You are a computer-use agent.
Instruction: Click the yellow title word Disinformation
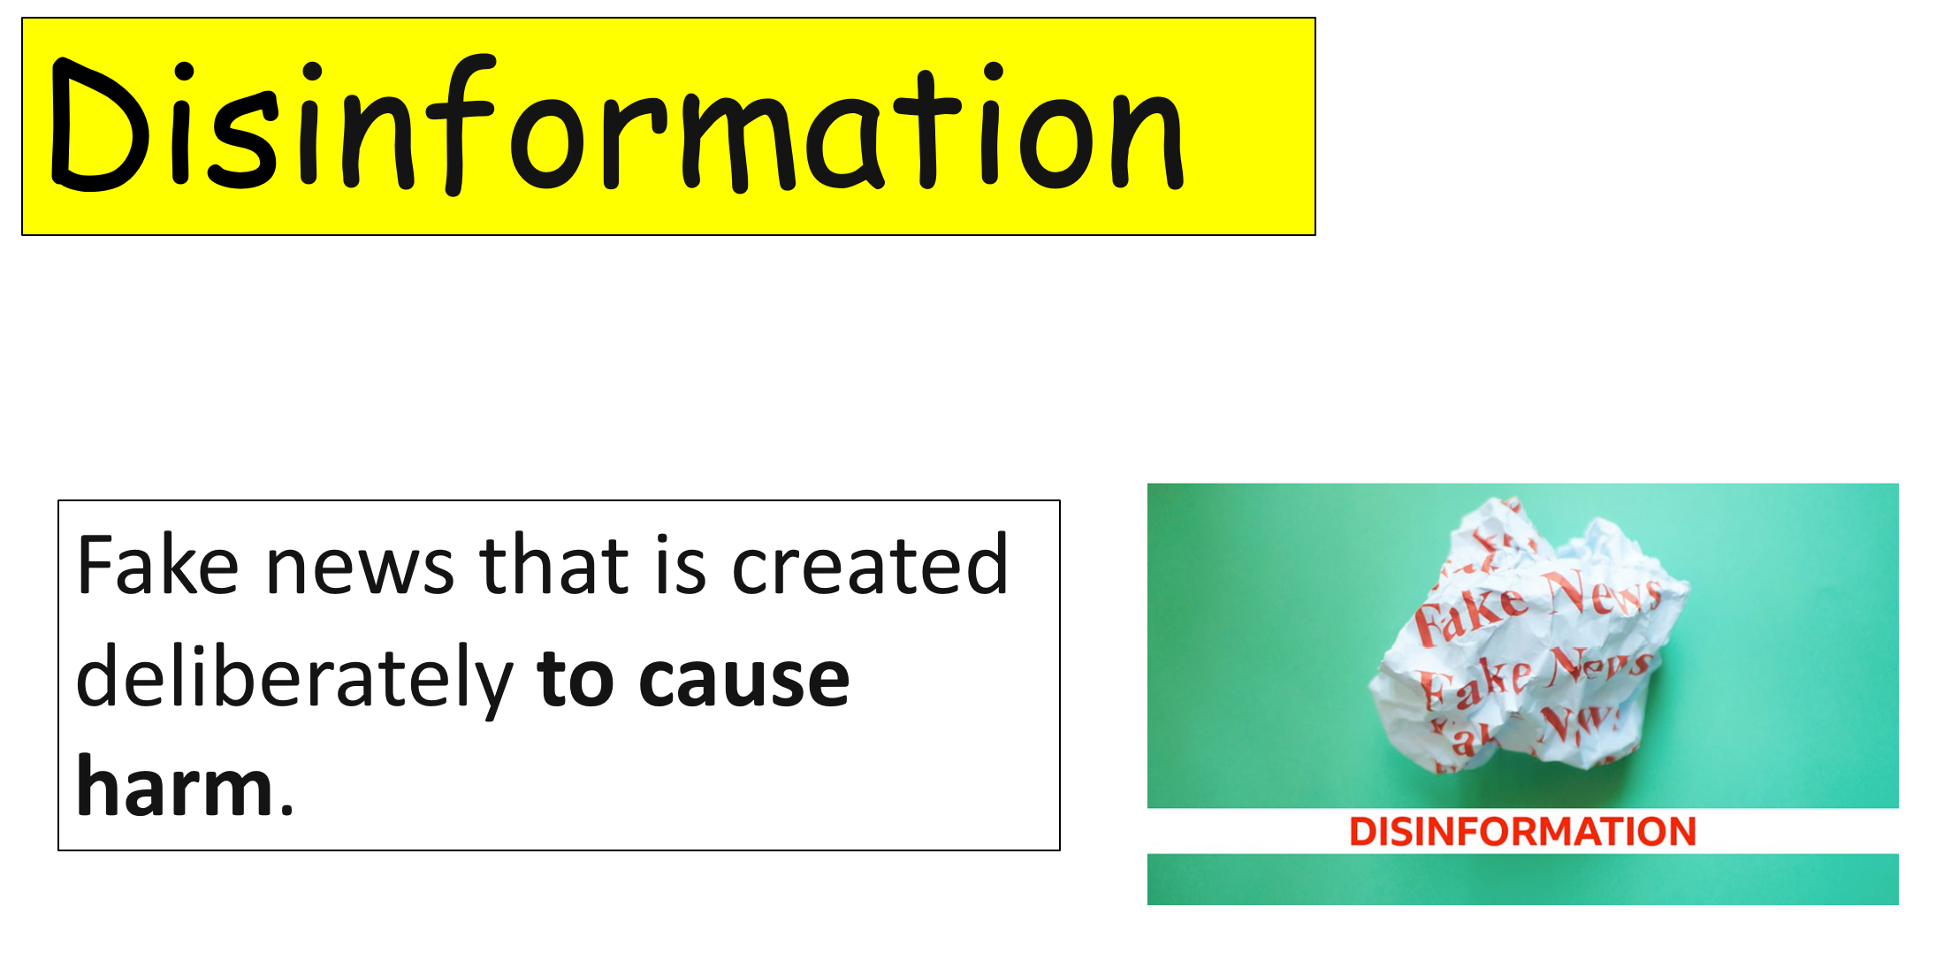pos(617,125)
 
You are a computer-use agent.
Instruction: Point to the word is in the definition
pos(681,566)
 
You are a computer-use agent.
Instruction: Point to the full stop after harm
pos(286,808)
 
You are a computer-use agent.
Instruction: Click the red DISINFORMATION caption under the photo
pos(1522,832)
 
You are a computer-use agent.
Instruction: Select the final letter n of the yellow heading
pos(1147,141)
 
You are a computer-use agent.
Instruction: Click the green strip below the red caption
pos(1522,879)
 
